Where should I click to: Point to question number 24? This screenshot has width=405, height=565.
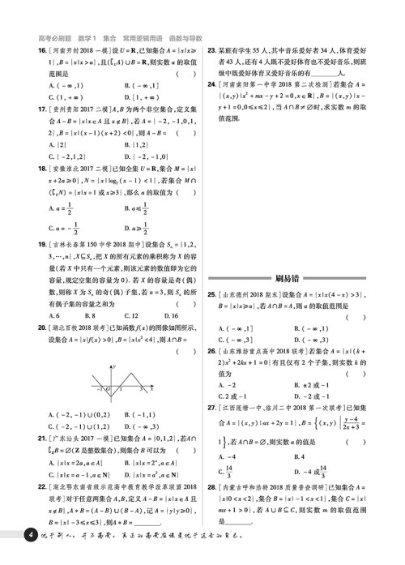(x=212, y=83)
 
